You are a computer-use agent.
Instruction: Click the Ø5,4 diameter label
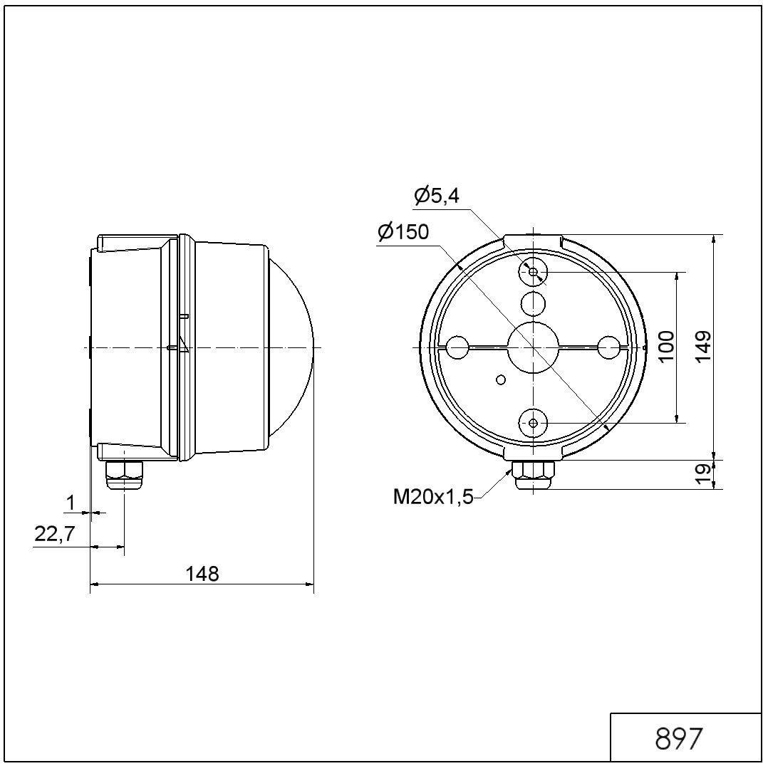click(x=437, y=196)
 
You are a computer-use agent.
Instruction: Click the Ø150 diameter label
click(x=403, y=232)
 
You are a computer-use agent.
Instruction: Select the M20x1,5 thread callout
click(x=433, y=496)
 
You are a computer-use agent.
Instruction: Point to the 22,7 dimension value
click(x=55, y=535)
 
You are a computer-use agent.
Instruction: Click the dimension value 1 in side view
click(x=71, y=503)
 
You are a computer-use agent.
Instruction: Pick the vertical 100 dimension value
click(x=666, y=347)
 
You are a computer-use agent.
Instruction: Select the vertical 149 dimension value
click(x=704, y=347)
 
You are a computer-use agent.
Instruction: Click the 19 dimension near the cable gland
click(x=704, y=473)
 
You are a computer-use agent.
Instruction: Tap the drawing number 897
click(x=678, y=738)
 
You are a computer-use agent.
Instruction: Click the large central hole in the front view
click(x=533, y=347)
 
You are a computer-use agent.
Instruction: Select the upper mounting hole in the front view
click(x=534, y=271)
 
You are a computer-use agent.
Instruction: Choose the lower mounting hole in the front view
click(x=534, y=423)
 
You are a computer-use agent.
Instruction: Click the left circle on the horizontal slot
click(x=457, y=348)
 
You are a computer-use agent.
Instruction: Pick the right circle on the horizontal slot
click(x=609, y=348)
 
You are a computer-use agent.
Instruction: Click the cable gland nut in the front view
click(x=534, y=471)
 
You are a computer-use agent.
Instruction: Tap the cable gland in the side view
click(x=124, y=473)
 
